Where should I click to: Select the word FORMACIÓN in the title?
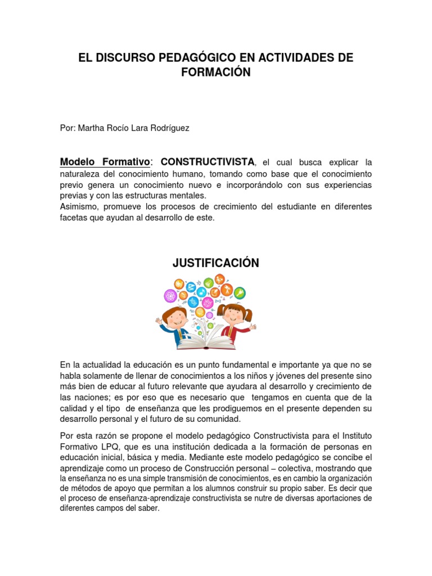pyautogui.click(x=216, y=73)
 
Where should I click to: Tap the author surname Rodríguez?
pyautogui.click(x=168, y=128)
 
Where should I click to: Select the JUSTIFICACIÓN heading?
pyautogui.click(x=216, y=263)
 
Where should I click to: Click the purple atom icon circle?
pyautogui.click(x=170, y=295)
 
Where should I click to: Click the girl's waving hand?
pyautogui.click(x=253, y=326)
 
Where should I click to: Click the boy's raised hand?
pyautogui.click(x=159, y=322)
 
